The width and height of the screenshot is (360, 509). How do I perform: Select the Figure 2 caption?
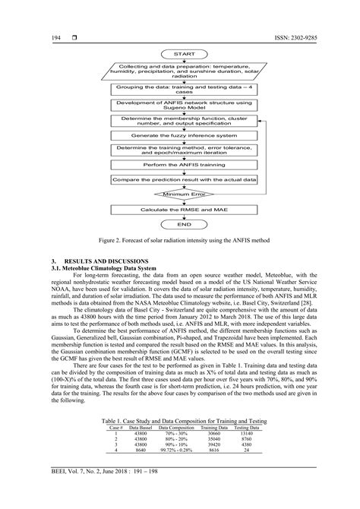(x=179, y=240)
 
